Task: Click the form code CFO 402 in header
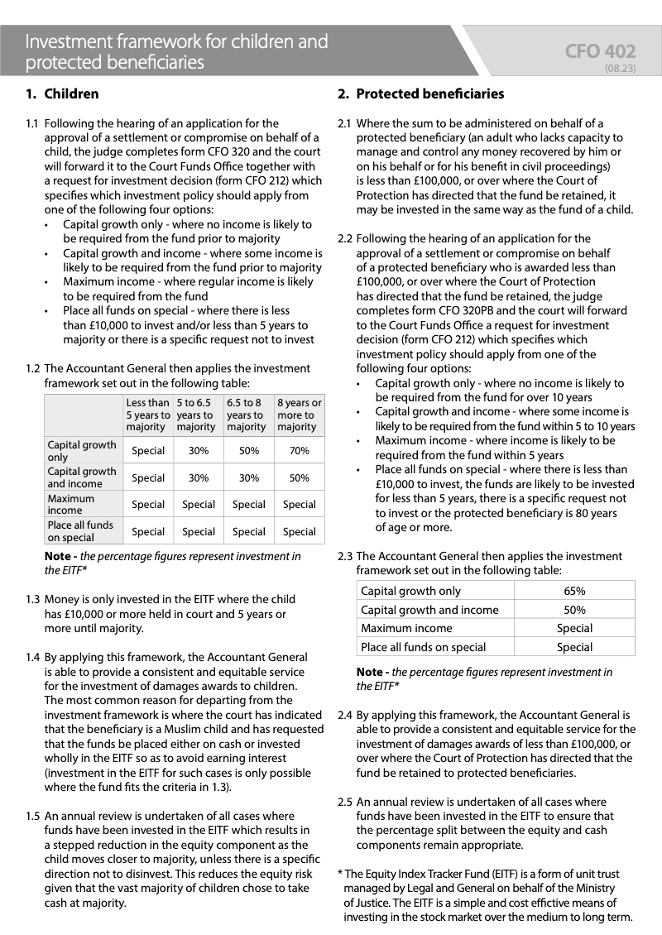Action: (600, 52)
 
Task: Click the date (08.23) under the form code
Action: (620, 69)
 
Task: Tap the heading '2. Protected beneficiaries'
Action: (420, 94)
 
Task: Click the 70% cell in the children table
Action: (299, 451)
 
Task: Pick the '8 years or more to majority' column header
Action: (299, 415)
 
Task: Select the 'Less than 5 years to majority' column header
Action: (147, 415)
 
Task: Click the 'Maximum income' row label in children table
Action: (71, 504)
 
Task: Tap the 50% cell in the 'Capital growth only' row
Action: (249, 451)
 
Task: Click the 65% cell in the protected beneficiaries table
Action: (574, 591)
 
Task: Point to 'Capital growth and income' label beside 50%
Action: (429, 610)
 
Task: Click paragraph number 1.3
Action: (32, 599)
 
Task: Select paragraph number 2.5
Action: (345, 802)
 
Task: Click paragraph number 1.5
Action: (32, 816)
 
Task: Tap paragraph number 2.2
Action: (345, 238)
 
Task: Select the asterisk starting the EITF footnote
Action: (340, 874)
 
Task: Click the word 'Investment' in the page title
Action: (66, 41)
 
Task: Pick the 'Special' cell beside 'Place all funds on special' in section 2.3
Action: (574, 647)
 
